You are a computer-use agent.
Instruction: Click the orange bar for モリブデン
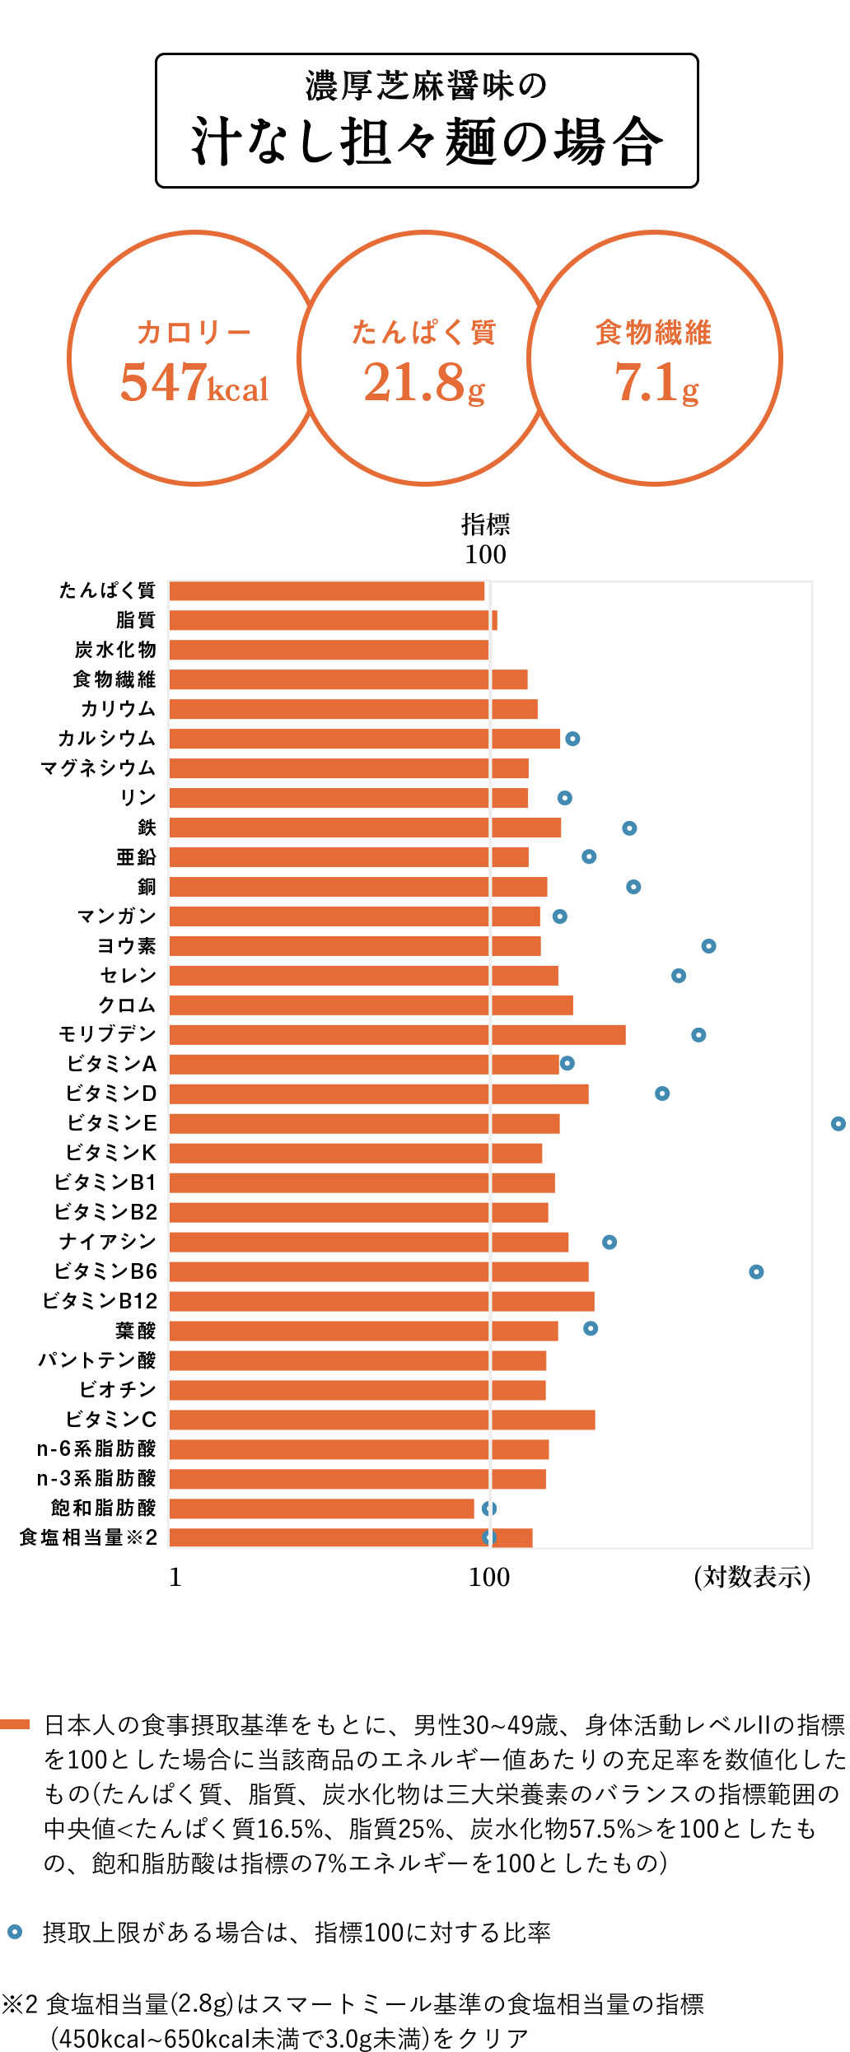tap(397, 1034)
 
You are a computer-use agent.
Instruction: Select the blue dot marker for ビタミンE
tap(838, 1123)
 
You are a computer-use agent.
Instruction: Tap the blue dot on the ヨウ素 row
tap(708, 945)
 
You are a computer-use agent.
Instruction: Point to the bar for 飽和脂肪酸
tap(321, 1508)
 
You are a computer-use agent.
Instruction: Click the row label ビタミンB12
tap(100, 1301)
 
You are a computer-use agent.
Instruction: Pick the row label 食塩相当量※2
tap(88, 1537)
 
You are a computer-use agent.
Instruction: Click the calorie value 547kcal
tap(194, 383)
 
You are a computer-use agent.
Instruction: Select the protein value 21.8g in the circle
tap(424, 383)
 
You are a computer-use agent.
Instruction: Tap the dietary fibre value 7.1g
tap(656, 383)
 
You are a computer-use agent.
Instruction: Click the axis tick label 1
tap(175, 1577)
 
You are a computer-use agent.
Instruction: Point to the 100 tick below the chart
tap(489, 1577)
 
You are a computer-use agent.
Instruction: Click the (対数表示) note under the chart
tap(752, 1577)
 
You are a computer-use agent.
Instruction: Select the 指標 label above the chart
tap(486, 524)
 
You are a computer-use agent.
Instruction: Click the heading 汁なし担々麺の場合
tap(427, 142)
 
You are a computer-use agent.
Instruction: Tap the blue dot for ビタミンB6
tap(756, 1271)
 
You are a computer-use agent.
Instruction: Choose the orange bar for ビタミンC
tap(381, 1420)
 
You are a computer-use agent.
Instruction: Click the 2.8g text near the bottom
tap(202, 2002)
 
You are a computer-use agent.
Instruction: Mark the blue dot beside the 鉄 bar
tap(629, 828)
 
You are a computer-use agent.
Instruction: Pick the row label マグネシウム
tap(98, 768)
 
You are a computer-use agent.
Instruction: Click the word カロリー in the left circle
tap(194, 333)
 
